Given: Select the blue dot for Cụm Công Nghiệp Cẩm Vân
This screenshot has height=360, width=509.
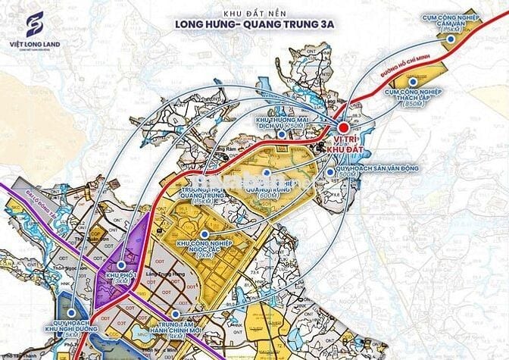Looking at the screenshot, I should pyautogui.click(x=451, y=38).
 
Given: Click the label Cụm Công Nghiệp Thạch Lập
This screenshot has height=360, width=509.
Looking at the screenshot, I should pyautogui.click(x=413, y=95).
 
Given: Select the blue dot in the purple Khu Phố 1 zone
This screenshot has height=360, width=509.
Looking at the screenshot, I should pyautogui.click(x=120, y=264).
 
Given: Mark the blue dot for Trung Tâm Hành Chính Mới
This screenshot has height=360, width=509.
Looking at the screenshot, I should pyautogui.click(x=176, y=314).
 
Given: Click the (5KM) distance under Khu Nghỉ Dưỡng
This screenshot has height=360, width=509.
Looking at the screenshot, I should pyautogui.click(x=70, y=334).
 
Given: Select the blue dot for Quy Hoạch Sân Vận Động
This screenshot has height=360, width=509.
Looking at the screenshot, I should pyautogui.click(x=331, y=172).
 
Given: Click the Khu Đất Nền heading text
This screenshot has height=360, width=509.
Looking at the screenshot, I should pyautogui.click(x=254, y=13).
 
